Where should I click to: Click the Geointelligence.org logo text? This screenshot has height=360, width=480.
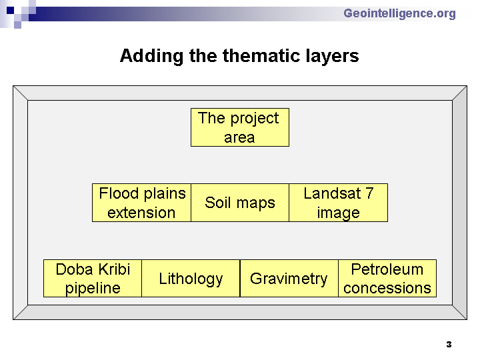tap(399, 14)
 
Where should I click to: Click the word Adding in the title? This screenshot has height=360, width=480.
tap(151, 56)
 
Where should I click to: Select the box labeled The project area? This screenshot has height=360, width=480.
tap(240, 127)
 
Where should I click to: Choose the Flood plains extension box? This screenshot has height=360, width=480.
tap(141, 203)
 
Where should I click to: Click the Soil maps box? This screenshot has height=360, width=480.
tap(240, 203)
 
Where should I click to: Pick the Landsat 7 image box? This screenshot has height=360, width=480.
tap(338, 203)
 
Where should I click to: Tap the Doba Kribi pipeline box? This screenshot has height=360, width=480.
tap(93, 278)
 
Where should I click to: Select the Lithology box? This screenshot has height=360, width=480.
tap(191, 278)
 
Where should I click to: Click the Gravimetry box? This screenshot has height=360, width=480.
tap(289, 278)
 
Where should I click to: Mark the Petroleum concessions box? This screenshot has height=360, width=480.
tap(387, 278)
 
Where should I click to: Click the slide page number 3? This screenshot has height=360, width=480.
tap(449, 345)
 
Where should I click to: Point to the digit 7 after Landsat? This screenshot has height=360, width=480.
tap(369, 193)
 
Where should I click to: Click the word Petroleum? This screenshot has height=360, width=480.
tap(387, 269)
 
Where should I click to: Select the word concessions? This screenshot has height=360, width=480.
tap(387, 289)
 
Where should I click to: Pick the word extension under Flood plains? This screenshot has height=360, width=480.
tap(141, 213)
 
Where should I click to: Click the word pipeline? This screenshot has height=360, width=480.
tap(93, 289)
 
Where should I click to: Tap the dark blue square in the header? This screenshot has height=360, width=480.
tap(11, 11)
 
